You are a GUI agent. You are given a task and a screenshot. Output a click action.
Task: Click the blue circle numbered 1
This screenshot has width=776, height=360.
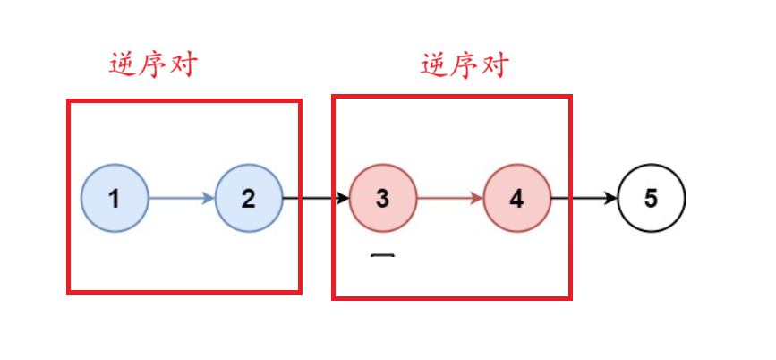click(115, 198)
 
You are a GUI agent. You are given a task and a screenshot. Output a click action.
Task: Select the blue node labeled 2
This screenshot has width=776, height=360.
click(249, 198)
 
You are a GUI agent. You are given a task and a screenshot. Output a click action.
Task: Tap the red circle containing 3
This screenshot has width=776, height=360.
click(383, 198)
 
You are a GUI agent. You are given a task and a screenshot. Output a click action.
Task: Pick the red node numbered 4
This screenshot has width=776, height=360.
click(517, 198)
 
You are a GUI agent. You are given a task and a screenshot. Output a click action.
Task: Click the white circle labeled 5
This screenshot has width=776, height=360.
click(651, 198)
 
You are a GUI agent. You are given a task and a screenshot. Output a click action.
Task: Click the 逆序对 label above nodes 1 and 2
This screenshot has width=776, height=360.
click(153, 64)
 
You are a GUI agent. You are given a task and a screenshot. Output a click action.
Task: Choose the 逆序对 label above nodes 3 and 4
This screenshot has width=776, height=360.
click(465, 64)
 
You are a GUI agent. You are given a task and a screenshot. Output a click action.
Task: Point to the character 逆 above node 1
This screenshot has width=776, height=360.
click(123, 65)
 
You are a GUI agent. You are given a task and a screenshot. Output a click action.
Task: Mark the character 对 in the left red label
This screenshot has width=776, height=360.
click(183, 64)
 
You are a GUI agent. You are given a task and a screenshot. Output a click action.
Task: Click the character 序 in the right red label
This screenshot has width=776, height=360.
click(465, 64)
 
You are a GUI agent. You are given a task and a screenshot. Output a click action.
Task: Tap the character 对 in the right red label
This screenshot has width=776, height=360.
click(494, 64)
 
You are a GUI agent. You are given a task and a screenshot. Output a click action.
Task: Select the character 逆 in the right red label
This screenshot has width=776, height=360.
click(434, 65)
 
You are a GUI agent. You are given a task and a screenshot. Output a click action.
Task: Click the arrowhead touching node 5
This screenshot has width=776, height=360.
click(611, 198)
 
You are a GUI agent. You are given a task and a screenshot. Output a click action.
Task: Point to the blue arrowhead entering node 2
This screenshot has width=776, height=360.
click(209, 198)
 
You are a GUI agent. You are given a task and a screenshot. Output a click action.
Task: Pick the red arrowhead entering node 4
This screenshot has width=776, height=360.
click(477, 198)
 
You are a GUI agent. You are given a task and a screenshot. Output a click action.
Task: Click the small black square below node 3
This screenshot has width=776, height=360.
click(382, 260)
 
